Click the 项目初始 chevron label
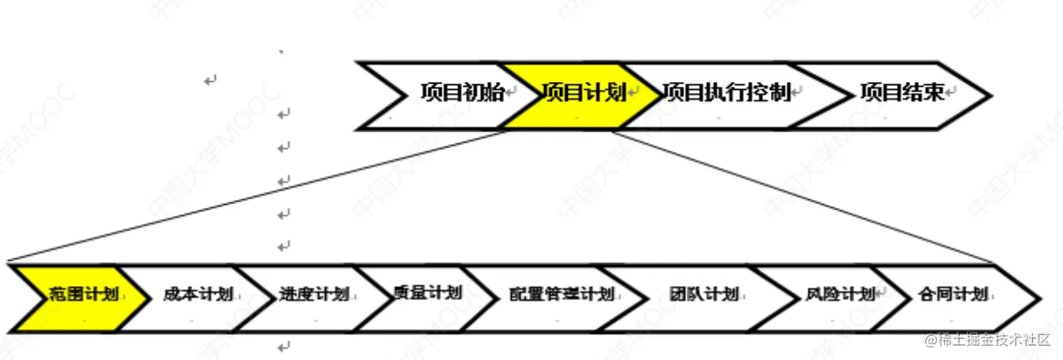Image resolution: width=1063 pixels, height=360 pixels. [461, 93]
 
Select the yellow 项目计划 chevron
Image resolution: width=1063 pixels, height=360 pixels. [583, 93]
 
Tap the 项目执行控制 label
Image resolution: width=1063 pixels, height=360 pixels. [726, 93]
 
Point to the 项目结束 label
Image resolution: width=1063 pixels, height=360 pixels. [902, 93]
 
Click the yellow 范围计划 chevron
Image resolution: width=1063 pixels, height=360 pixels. [83, 295]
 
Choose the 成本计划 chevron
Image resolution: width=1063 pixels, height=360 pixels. [198, 295]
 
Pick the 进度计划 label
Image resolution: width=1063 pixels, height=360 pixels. [313, 295]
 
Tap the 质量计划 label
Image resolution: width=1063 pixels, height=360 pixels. [426, 294]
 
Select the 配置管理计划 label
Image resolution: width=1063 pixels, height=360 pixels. [561, 295]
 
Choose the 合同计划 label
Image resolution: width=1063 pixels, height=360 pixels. [952, 295]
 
